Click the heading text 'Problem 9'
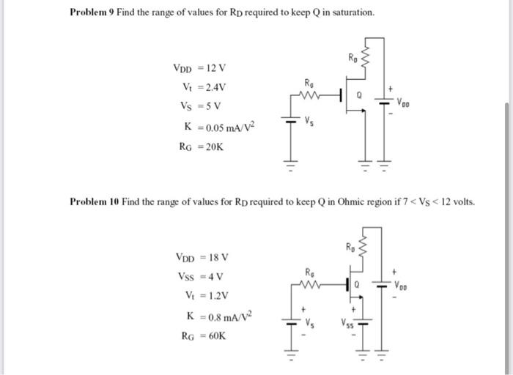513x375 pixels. coord(91,13)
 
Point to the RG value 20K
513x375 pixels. coord(216,146)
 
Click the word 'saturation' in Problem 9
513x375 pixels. coord(352,13)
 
